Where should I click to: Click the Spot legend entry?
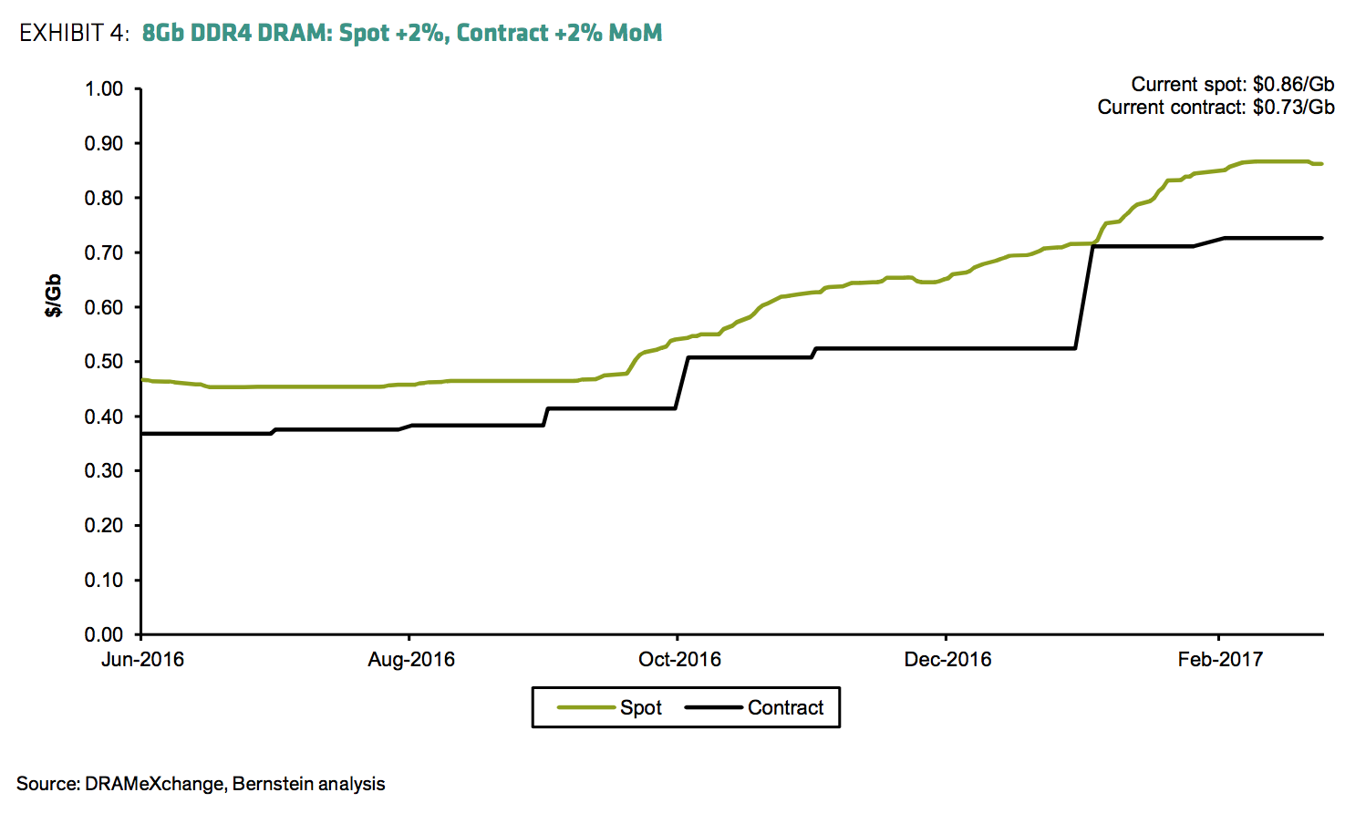(640, 708)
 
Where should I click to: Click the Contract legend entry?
(784, 708)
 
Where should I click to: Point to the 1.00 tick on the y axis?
(104, 89)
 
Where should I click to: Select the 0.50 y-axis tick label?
(104, 362)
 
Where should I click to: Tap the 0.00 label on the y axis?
(104, 634)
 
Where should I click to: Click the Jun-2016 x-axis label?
(142, 660)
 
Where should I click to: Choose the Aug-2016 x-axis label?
(410, 660)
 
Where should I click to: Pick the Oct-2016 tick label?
(679, 660)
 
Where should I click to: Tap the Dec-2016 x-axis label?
(947, 660)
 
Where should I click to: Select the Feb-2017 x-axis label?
(1219, 660)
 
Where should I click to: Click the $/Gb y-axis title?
(54, 295)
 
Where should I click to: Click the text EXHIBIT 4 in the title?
(74, 34)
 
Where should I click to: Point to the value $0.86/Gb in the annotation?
(1293, 85)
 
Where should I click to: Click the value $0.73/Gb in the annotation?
(1293, 108)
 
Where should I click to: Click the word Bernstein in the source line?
(272, 784)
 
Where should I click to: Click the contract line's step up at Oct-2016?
(682, 383)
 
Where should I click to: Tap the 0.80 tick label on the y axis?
(104, 199)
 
